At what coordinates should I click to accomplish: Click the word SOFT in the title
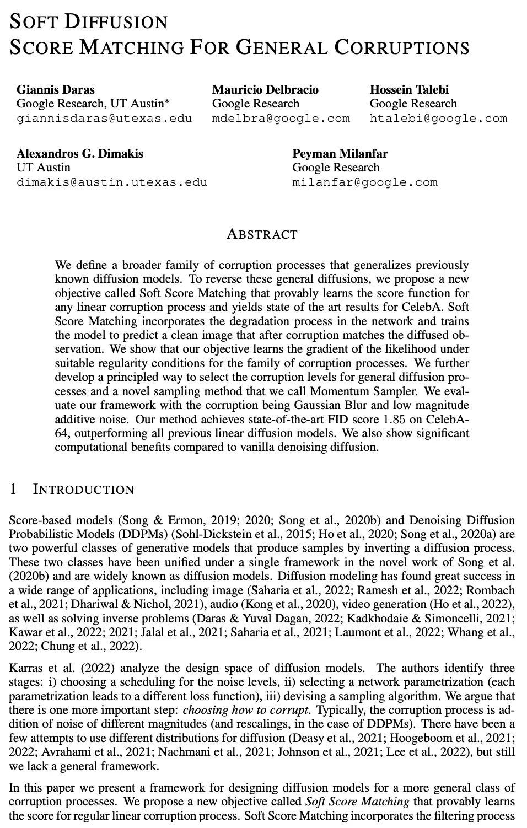(33, 21)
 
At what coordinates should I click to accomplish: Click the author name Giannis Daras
(55, 89)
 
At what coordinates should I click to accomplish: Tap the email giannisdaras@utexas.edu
(104, 118)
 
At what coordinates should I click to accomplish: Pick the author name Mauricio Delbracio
(265, 89)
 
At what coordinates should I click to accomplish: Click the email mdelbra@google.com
(281, 118)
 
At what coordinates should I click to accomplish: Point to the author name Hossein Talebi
(409, 89)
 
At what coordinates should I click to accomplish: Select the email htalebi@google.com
(438, 118)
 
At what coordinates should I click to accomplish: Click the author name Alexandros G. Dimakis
(80, 153)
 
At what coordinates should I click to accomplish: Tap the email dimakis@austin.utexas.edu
(112, 182)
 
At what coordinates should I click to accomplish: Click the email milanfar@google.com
(364, 182)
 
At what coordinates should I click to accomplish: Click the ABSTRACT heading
(262, 234)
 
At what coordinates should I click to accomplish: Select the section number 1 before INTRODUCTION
(14, 490)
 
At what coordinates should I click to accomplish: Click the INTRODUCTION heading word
(84, 490)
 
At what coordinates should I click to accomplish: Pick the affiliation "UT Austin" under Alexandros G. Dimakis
(44, 168)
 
